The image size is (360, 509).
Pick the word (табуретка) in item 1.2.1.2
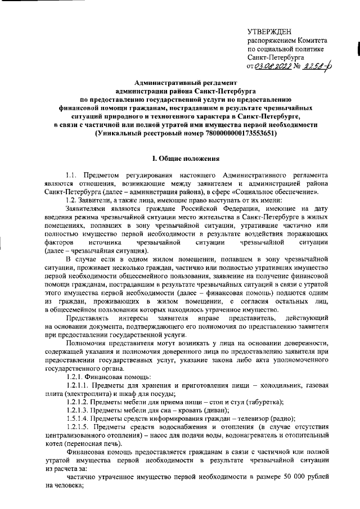260,402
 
